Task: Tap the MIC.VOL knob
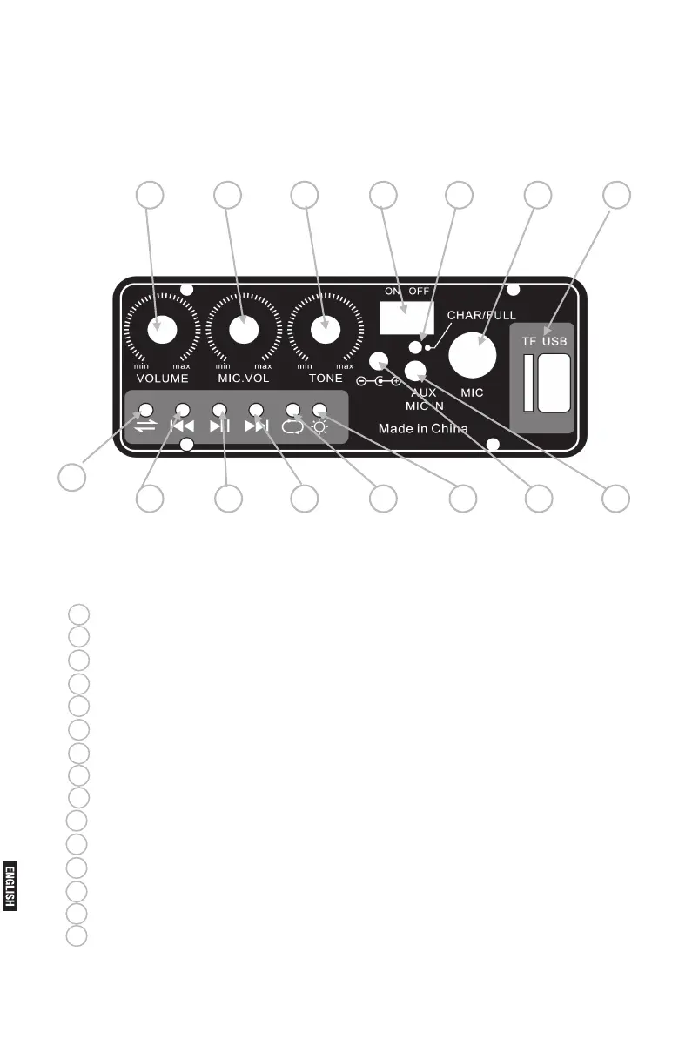click(243, 329)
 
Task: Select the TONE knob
click(326, 329)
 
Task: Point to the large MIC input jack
click(473, 354)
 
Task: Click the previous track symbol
click(182, 427)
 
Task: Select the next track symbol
click(256, 427)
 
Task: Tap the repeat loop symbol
click(292, 428)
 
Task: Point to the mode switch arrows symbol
click(145, 427)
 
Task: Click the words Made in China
click(422, 429)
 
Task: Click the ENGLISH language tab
click(10, 887)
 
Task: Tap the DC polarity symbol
click(379, 381)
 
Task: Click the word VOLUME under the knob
click(161, 380)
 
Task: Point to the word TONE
click(326, 380)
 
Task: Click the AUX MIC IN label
click(423, 399)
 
